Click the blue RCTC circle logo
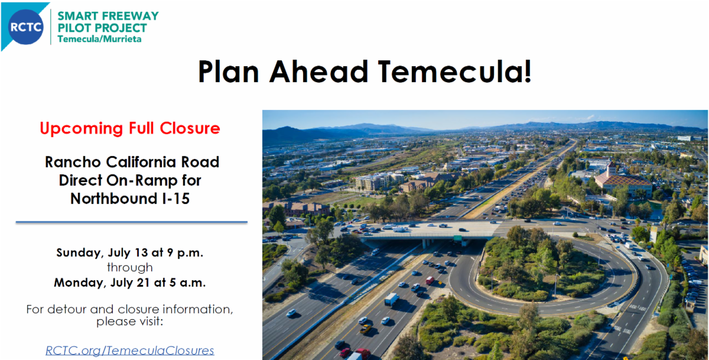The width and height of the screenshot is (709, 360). point(25,27)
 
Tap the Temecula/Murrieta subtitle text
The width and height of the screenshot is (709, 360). point(99,39)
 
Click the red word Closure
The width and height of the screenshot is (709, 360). point(190,128)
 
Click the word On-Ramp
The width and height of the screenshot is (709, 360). point(142,181)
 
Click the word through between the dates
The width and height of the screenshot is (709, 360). point(130,268)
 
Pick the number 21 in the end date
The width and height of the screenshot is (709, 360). point(143,283)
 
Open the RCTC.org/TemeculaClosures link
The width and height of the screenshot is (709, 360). point(130,351)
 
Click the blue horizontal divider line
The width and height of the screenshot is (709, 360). point(132,222)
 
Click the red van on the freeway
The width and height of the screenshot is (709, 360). point(430,280)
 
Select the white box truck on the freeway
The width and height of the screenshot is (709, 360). point(392,300)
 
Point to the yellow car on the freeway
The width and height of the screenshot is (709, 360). point(365,329)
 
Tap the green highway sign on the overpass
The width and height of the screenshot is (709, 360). point(458,238)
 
